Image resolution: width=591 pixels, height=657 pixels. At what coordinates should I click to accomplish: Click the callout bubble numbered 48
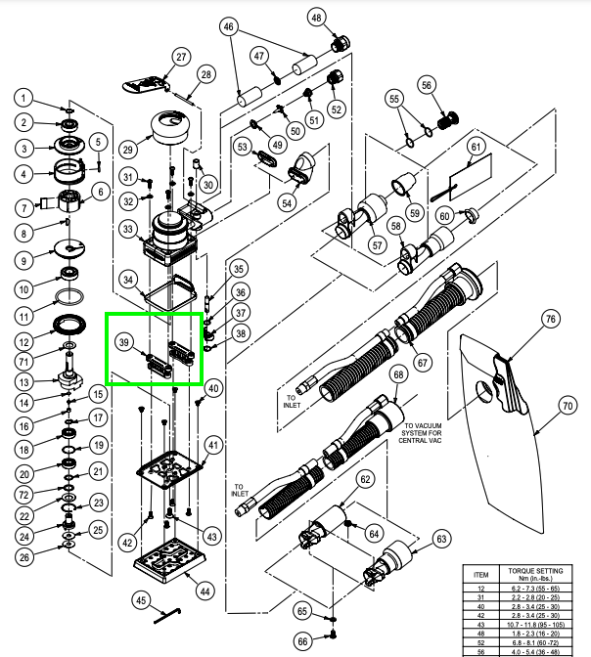(x=316, y=18)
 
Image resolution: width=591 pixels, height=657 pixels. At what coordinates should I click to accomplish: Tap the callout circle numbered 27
(x=181, y=57)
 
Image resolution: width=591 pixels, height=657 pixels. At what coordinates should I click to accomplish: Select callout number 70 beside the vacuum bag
(x=567, y=404)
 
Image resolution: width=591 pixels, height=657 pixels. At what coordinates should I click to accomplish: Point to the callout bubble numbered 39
(x=123, y=342)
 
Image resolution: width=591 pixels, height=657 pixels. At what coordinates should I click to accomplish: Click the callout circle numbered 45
(x=141, y=599)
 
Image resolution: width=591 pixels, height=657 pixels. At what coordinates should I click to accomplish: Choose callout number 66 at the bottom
(x=302, y=640)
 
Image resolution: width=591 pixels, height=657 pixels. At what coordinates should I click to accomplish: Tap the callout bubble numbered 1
(x=25, y=98)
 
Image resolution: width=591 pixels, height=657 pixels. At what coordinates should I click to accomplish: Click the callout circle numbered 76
(x=551, y=320)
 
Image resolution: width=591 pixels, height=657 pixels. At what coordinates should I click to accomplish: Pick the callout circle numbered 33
(x=127, y=229)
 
